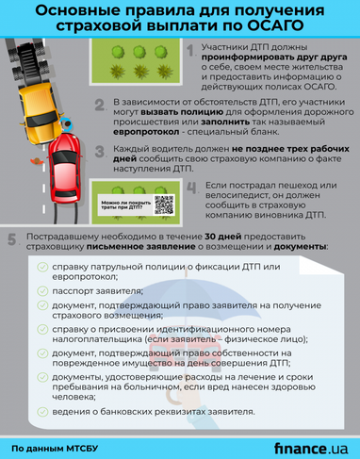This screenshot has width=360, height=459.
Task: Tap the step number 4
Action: point(193,189)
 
